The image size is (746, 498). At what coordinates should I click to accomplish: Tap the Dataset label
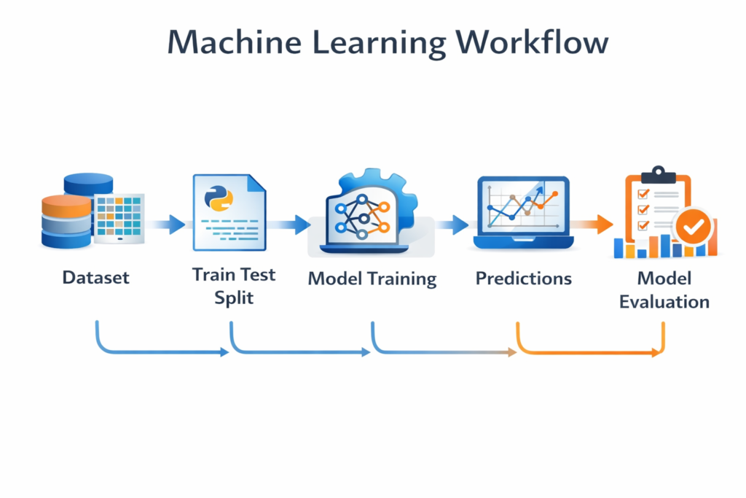coord(95,278)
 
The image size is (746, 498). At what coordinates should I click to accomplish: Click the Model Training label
coord(372,279)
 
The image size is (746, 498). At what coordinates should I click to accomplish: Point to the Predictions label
coord(523,279)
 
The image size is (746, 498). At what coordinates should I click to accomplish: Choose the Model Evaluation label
coord(664,289)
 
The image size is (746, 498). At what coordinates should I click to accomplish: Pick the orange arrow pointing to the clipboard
coord(592,225)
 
